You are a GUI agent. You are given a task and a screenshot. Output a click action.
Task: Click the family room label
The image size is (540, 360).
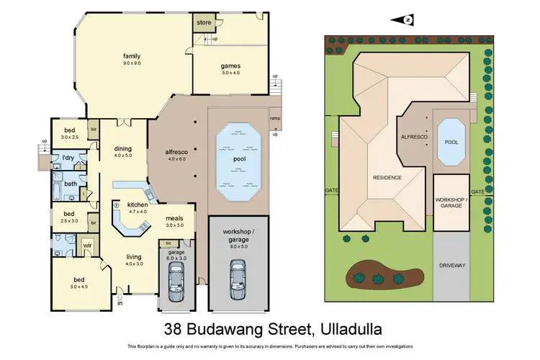pos(131,56)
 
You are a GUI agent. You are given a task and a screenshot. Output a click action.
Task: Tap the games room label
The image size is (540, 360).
pos(230,66)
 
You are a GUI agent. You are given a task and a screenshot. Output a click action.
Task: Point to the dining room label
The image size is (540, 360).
pos(123,150)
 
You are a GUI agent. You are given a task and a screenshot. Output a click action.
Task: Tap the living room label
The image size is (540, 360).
pos(132,256)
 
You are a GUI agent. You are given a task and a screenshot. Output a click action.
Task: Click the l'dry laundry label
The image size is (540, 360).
pos(68,157)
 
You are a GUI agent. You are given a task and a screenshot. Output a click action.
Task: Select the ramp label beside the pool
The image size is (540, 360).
pos(274,118)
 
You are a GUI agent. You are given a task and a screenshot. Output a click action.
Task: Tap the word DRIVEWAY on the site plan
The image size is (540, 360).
pos(451,266)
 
